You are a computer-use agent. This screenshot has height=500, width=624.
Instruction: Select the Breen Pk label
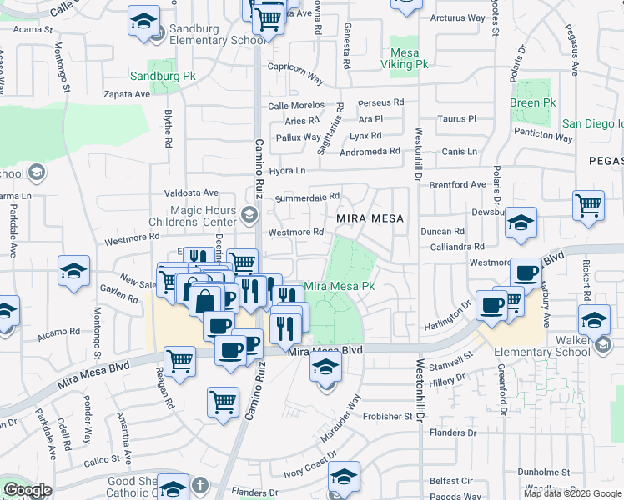pyautogui.click(x=532, y=102)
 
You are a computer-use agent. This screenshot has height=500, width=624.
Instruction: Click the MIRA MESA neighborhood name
pyautogui.click(x=370, y=218)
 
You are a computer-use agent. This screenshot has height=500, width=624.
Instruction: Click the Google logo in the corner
pyautogui.click(x=27, y=490)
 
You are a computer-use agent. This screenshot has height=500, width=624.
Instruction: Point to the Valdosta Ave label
pyautogui.click(x=191, y=192)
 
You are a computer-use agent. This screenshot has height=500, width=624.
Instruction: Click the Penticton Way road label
pyautogui.click(x=543, y=133)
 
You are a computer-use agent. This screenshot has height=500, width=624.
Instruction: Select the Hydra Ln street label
pyautogui.click(x=288, y=171)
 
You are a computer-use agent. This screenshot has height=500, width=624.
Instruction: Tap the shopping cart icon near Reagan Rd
pyautogui.click(x=180, y=361)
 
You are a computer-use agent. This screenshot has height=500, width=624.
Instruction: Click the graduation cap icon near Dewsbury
pyautogui.click(x=521, y=222)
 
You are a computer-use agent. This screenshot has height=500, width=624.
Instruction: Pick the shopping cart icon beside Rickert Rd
pyautogui.click(x=589, y=205)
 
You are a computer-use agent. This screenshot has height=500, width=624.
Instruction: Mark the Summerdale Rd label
pyautogui.click(x=307, y=197)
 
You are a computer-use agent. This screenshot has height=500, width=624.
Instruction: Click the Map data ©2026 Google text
pyautogui.click(x=572, y=493)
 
